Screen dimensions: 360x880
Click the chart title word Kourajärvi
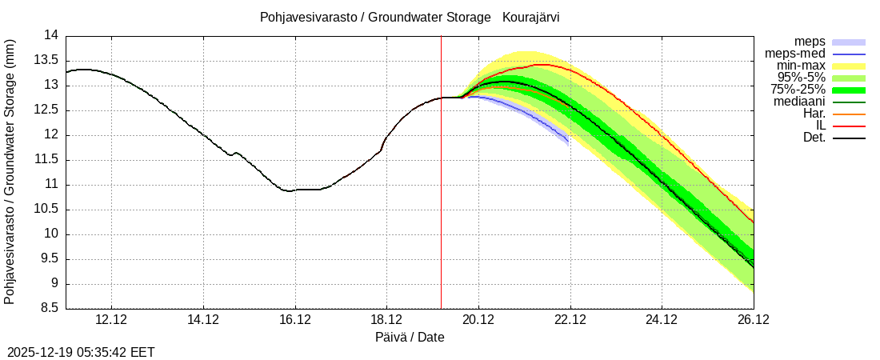click(530, 17)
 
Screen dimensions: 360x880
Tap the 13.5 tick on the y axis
click(49, 60)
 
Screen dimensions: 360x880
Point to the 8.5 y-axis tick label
click(49, 309)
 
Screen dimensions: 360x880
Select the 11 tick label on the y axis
click(52, 185)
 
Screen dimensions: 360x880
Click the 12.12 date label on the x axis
click(111, 320)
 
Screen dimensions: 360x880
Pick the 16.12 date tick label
click(295, 320)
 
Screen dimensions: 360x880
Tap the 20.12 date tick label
click(478, 320)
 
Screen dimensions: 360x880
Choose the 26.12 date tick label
click(754, 320)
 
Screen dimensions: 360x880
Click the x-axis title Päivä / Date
click(410, 338)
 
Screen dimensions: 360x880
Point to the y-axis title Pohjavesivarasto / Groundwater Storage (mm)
click(10, 171)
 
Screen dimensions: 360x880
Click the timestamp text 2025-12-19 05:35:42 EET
click(81, 352)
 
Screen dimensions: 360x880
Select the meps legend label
click(810, 42)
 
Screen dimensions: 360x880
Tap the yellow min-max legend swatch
click(849, 66)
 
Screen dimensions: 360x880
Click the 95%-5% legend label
click(802, 78)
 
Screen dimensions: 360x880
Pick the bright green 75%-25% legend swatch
click(849, 90)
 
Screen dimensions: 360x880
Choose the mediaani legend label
click(799, 102)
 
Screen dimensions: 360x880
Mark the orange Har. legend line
click(849, 114)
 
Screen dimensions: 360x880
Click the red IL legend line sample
click(849, 126)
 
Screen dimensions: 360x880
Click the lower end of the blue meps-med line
click(568, 142)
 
